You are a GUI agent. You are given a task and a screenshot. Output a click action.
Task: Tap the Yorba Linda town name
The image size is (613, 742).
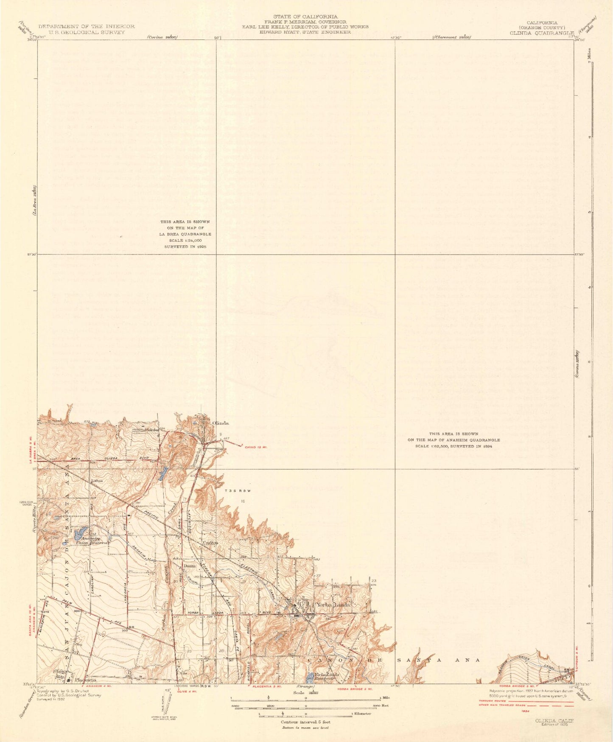point(332,605)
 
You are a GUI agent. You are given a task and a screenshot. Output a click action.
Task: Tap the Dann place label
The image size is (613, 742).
point(189,566)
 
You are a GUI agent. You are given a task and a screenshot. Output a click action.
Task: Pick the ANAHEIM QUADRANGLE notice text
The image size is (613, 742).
point(453,440)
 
